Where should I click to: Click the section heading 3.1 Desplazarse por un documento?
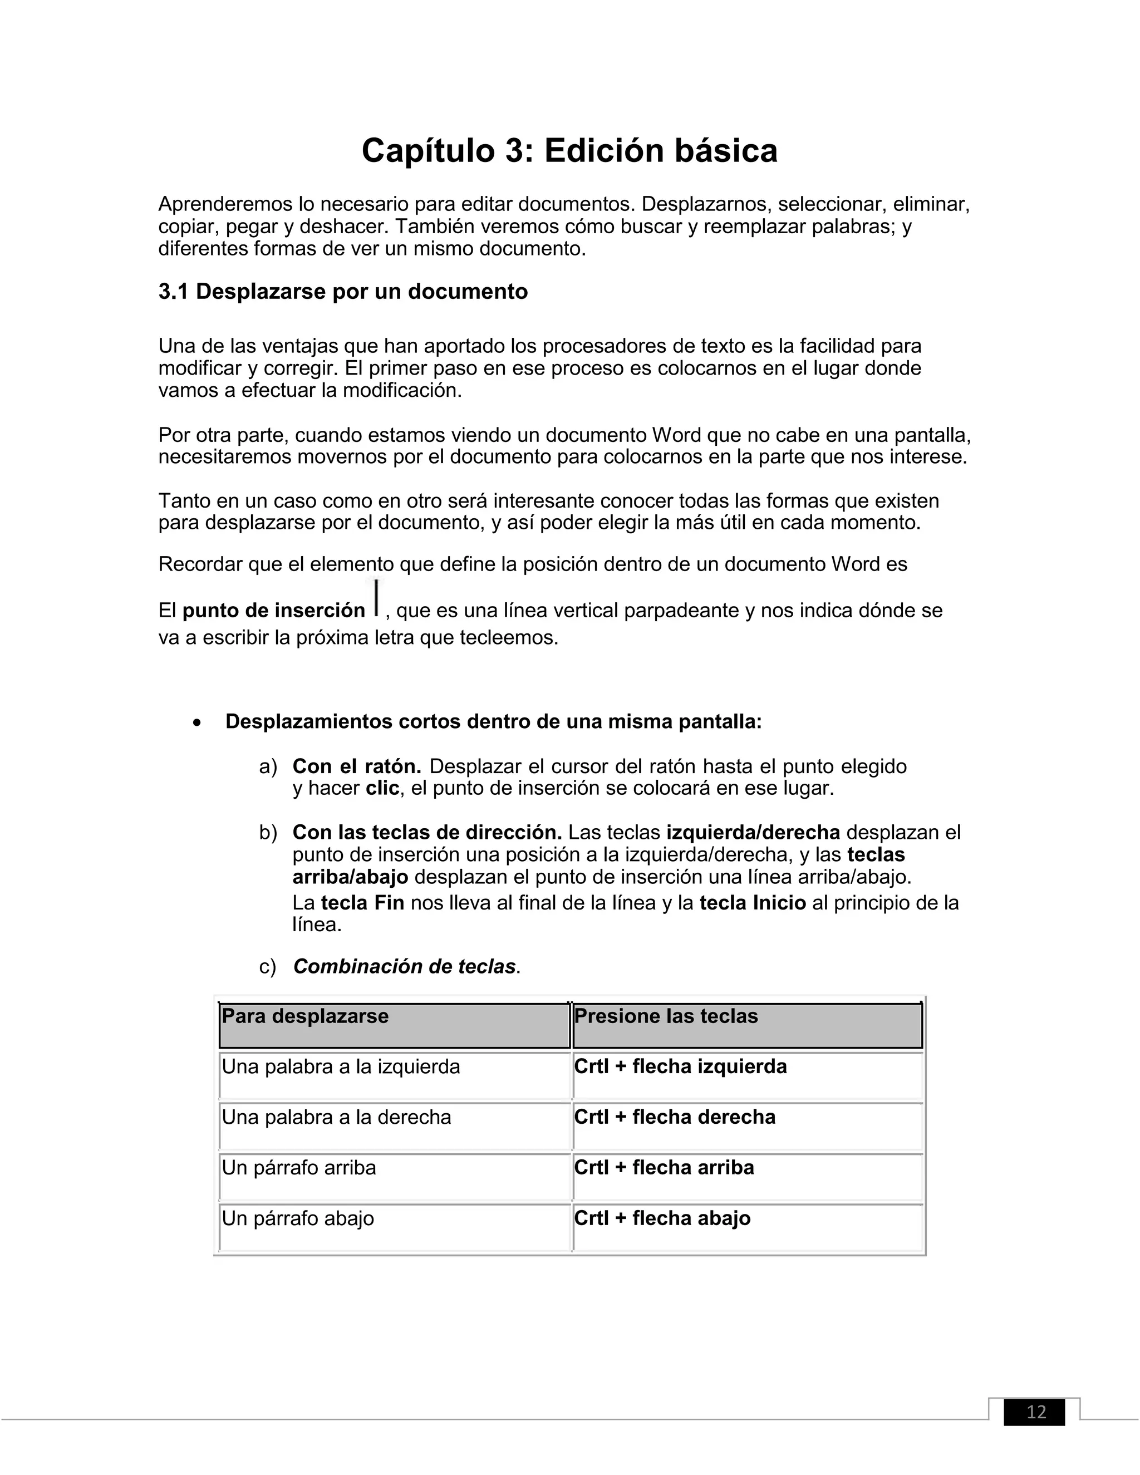[x=342, y=292]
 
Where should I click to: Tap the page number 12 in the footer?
[x=1035, y=1412]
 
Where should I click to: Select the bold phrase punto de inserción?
[x=273, y=611]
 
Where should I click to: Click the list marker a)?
[x=268, y=766]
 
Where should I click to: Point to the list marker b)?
[x=268, y=833]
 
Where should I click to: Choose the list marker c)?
[x=267, y=967]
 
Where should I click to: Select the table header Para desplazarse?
[x=305, y=1016]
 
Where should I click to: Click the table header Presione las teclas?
[x=666, y=1016]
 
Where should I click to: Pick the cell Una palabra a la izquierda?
[x=341, y=1067]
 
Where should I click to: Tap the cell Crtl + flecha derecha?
[x=675, y=1117]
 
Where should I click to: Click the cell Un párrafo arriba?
[x=298, y=1168]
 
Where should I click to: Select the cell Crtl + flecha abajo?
[x=662, y=1218]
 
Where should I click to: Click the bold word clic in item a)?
[x=382, y=788]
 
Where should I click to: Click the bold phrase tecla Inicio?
[x=753, y=903]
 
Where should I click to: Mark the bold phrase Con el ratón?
[x=357, y=766]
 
